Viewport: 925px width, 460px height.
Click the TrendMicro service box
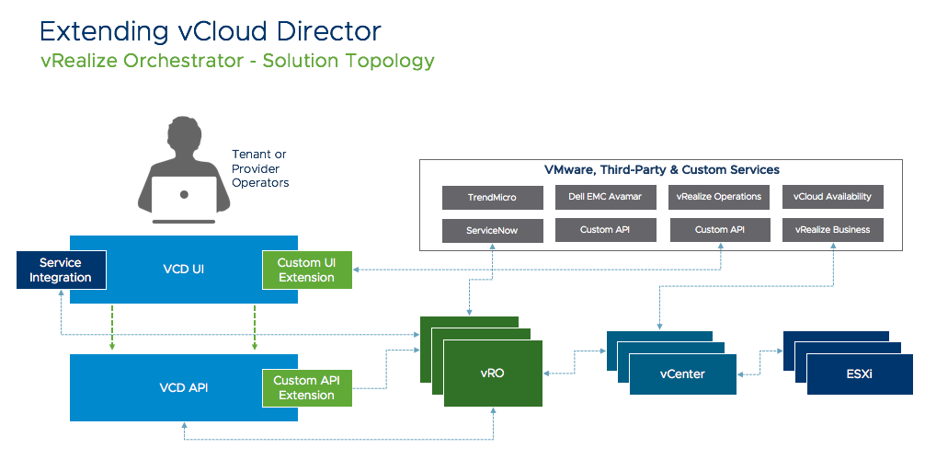tap(493, 198)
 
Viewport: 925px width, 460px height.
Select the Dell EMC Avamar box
tap(606, 198)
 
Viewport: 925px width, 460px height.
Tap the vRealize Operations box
tap(719, 198)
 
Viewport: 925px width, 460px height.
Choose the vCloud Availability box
tap(833, 198)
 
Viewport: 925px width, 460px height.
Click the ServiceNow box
tap(493, 230)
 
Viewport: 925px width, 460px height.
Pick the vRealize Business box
tap(833, 230)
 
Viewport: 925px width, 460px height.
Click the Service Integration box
tap(61, 270)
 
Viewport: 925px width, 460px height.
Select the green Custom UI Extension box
tap(307, 270)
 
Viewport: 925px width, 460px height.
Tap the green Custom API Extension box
tap(307, 388)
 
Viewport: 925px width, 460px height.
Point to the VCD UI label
tap(184, 270)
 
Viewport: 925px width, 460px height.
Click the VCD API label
tap(184, 387)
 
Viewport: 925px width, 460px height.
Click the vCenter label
tap(682, 374)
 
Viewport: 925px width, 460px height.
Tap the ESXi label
tap(859, 374)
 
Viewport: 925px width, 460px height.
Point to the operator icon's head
tap(185, 138)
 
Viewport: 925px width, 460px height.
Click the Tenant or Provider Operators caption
tap(260, 168)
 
